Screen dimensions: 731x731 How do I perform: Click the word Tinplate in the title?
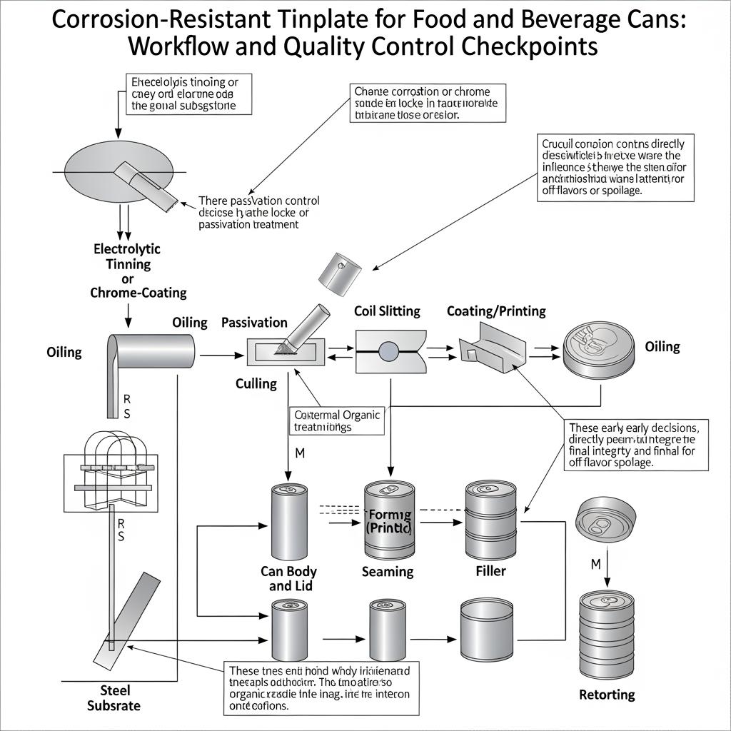[312, 19]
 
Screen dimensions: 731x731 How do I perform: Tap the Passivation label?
[254, 322]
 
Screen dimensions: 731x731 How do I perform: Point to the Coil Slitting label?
[387, 311]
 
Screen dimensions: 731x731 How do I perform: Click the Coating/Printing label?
[496, 311]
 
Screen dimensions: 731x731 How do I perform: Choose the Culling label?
[256, 383]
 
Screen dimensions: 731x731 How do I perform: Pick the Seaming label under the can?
[388, 571]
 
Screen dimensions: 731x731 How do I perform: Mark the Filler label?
[490, 571]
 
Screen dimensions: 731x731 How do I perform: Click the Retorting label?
[607, 695]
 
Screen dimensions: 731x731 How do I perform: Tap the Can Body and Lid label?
[288, 579]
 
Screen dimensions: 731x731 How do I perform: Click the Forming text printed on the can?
[388, 515]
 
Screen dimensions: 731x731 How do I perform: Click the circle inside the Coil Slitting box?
[388, 351]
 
